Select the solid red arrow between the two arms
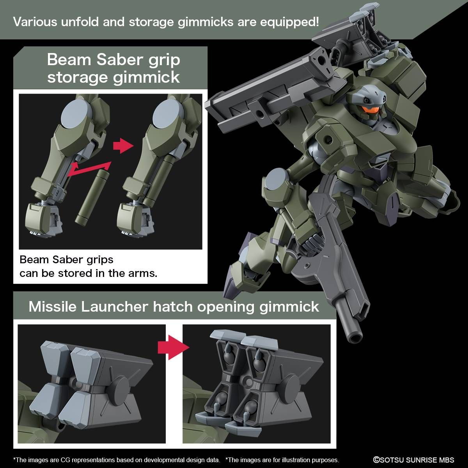pyautogui.click(x=122, y=145)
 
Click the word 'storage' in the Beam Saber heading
pyautogui.click(x=78, y=77)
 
